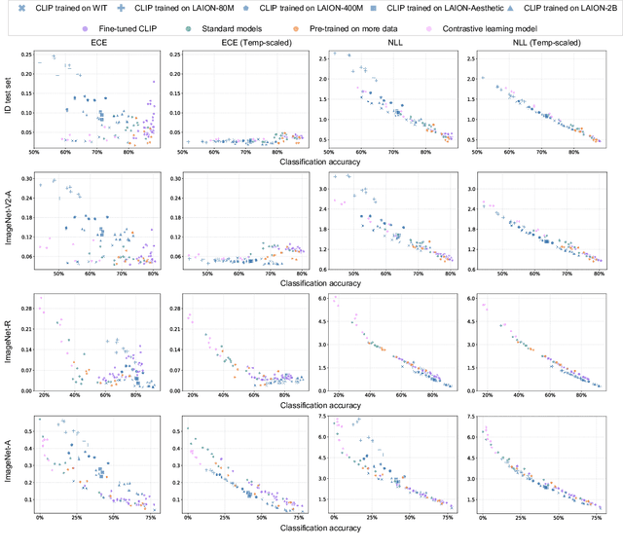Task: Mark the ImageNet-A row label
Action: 11,463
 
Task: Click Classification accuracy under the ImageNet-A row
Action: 321,527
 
